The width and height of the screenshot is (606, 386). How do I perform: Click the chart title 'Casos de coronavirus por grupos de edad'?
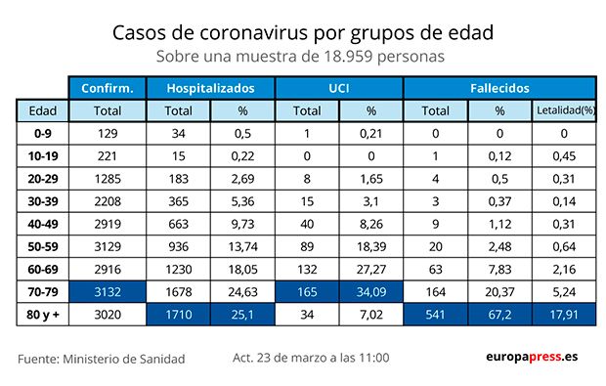[302, 32]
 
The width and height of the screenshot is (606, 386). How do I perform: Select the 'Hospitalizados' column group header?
[210, 87]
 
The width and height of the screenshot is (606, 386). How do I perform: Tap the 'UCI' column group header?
[339, 87]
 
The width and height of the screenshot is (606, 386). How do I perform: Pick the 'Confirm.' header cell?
[108, 87]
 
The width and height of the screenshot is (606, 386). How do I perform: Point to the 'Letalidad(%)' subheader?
[564, 110]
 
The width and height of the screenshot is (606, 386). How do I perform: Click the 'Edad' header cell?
[43, 110]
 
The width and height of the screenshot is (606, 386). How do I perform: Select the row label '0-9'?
[43, 133]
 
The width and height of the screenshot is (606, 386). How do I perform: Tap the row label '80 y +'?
[43, 315]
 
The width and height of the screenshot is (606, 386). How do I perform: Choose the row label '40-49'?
[43, 224]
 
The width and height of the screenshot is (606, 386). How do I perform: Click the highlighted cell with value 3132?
[108, 291]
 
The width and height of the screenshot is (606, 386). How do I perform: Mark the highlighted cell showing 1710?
[179, 315]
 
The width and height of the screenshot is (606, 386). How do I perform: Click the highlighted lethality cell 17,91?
[564, 315]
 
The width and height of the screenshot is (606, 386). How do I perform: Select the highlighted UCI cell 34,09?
[371, 291]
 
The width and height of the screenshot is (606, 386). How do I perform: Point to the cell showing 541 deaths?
[435, 315]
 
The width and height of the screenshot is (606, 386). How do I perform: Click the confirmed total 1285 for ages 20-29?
[108, 178]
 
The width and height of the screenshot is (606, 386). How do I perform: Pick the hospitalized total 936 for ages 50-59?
[179, 246]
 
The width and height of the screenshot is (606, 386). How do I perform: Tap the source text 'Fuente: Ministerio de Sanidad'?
[101, 359]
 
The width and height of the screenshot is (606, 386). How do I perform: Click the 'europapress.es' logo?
[531, 358]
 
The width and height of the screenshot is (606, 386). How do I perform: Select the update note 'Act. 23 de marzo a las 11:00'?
[311, 358]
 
